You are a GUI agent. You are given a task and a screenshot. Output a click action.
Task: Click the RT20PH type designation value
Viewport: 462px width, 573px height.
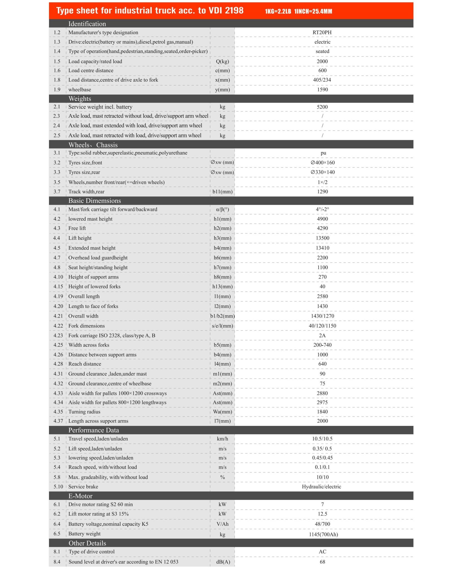[322, 32]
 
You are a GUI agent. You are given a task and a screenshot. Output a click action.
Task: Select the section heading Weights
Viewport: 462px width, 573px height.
[80, 99]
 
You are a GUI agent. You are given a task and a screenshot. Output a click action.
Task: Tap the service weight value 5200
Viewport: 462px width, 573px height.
[322, 107]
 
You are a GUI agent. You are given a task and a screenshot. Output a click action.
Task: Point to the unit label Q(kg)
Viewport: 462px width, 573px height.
[222, 62]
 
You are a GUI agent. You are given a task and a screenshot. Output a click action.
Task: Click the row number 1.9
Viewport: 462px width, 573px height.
[57, 90]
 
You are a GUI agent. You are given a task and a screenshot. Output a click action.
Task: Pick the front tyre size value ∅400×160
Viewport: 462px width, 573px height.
[323, 163]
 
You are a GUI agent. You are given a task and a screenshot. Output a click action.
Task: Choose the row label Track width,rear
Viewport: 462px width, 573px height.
[86, 192]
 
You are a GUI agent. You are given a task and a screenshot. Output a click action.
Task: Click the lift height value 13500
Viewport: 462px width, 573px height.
[322, 238]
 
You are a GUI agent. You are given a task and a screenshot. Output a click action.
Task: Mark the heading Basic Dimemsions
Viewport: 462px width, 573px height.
[94, 201]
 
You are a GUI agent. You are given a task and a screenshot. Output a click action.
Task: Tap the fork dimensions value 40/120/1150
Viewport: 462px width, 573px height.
[322, 326]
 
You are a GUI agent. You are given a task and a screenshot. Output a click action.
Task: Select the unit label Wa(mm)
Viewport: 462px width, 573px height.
[223, 412]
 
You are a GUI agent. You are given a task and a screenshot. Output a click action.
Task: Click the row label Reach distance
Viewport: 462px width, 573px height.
[85, 364]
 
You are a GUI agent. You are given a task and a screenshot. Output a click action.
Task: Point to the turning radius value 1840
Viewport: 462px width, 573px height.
[322, 412]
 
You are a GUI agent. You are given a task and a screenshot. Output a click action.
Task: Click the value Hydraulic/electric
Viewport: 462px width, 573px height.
[321, 487]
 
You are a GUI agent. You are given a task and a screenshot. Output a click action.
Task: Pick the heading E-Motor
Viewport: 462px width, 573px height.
[80, 496]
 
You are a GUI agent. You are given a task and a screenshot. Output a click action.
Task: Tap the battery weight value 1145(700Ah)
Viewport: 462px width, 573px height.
[323, 534]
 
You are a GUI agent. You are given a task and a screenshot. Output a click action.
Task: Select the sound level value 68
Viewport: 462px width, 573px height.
[322, 562]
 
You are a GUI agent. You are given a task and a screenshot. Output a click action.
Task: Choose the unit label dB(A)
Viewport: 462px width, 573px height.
[223, 562]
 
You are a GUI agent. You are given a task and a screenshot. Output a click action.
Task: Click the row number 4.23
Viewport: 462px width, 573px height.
[58, 336]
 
